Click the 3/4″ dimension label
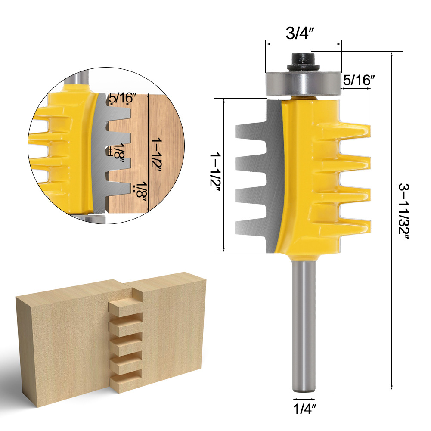pyautogui.click(x=303, y=34)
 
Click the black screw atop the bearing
pyautogui.click(x=303, y=60)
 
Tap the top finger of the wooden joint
pyautogui.click(x=125, y=307)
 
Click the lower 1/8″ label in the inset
pyautogui.click(x=140, y=191)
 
